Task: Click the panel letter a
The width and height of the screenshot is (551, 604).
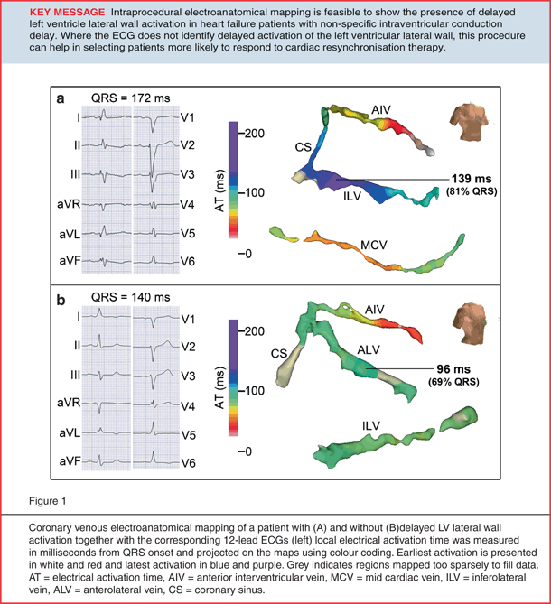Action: [62, 99]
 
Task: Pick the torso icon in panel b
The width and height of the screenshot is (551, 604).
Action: [468, 324]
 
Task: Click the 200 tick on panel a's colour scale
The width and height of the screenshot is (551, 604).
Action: [257, 132]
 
